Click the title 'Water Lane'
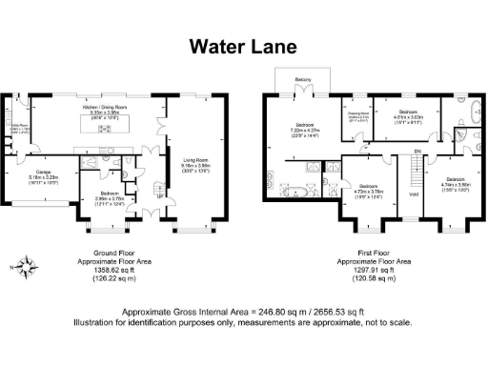(x=244, y=47)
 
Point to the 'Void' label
(x=413, y=195)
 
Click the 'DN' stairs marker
(x=417, y=152)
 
